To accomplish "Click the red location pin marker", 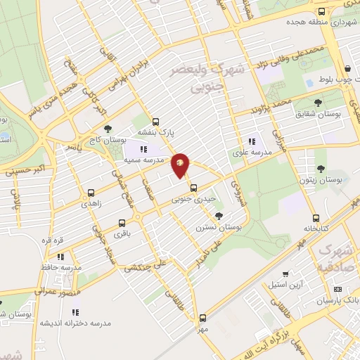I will click(x=181, y=165).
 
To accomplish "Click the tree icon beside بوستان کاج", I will click(x=107, y=129).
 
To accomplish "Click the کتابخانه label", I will click(x=316, y=229).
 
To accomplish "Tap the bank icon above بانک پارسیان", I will click(x=337, y=289).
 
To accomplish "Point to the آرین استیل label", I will click(x=285, y=285).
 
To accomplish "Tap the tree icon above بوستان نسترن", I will click(x=219, y=216).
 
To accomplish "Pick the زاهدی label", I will click(x=92, y=202).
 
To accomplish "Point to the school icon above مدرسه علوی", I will click(x=251, y=141).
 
